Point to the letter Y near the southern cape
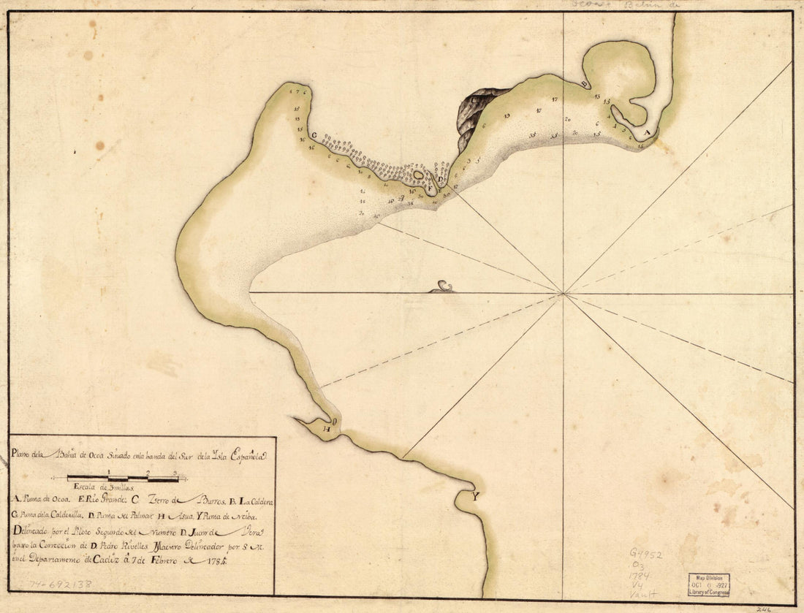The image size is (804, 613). coord(476,498)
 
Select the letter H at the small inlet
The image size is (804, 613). coord(327,430)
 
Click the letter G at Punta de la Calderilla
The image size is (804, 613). coord(314,135)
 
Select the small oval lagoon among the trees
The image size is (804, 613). coord(418,175)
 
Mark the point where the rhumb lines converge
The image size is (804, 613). coord(564,294)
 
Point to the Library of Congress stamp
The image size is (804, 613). coord(708,585)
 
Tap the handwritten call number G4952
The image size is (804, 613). coord(646,555)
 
